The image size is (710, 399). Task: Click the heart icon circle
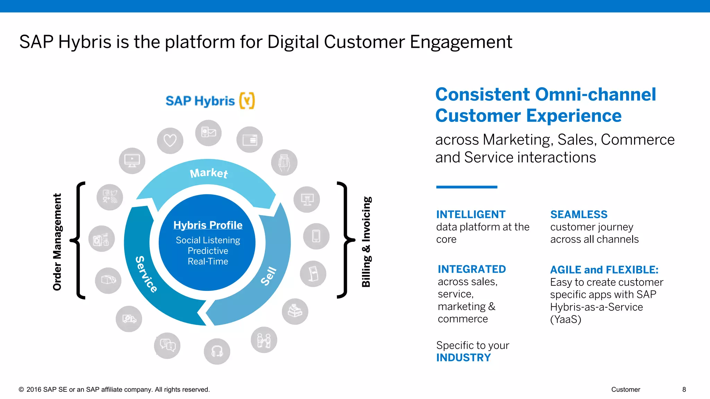(x=170, y=141)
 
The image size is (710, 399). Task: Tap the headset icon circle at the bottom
(x=217, y=351)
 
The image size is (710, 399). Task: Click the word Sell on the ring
(x=269, y=276)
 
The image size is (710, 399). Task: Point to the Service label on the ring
(x=146, y=274)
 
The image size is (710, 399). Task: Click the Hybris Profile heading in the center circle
(x=208, y=225)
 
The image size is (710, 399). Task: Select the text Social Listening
(x=208, y=240)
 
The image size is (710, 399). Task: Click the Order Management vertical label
(x=57, y=242)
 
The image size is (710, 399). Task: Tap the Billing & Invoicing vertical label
(x=366, y=242)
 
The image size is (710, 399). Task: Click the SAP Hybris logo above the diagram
(x=210, y=101)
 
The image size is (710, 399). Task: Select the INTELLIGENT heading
(x=470, y=214)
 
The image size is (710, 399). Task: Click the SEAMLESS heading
(x=579, y=214)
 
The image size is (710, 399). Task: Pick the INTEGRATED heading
(x=471, y=269)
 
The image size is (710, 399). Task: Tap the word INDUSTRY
(x=463, y=357)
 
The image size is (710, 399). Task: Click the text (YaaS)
(x=565, y=319)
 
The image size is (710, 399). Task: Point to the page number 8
(x=684, y=389)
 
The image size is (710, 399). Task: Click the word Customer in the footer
(x=625, y=389)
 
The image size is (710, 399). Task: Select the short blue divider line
(x=466, y=187)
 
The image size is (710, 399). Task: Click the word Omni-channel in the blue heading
(x=596, y=94)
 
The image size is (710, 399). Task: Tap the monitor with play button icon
(x=132, y=161)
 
